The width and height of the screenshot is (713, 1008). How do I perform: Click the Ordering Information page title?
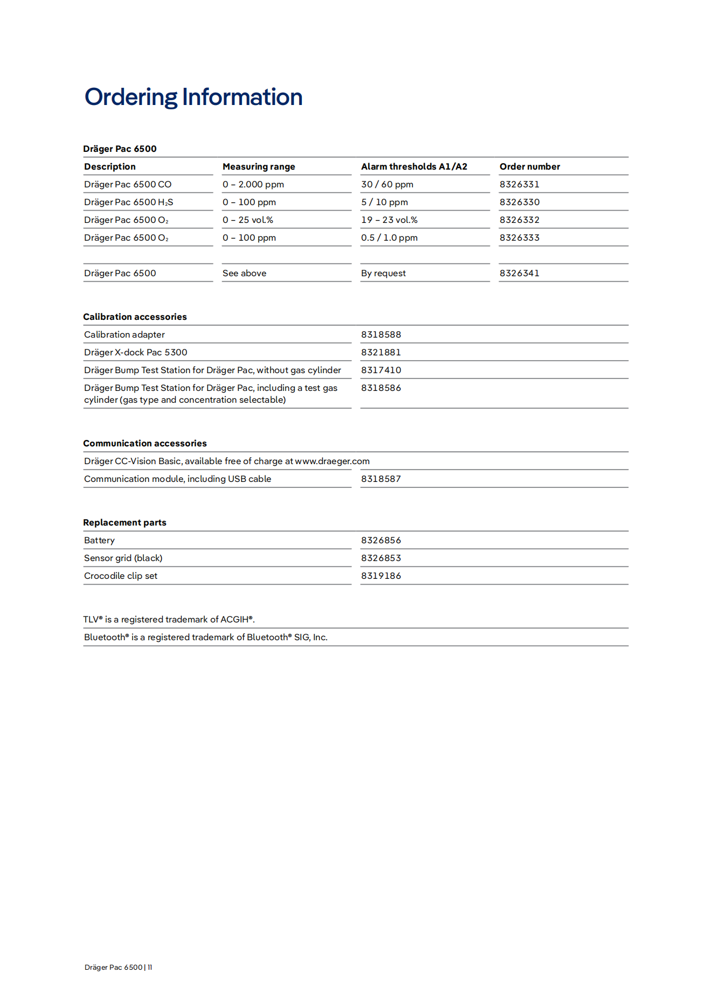click(193, 97)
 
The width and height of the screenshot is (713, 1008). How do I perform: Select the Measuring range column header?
click(259, 167)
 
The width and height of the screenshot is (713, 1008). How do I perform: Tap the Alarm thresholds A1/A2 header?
click(414, 167)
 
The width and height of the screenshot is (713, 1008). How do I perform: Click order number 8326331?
click(519, 185)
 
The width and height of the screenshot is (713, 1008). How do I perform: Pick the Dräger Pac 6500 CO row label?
click(128, 185)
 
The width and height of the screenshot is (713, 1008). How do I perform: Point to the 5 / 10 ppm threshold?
click(384, 202)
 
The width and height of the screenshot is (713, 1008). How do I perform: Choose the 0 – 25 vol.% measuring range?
click(248, 220)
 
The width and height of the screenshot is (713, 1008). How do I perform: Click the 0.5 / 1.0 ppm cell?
click(389, 238)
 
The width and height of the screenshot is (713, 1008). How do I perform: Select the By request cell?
click(383, 274)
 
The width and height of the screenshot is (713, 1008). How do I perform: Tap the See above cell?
click(244, 274)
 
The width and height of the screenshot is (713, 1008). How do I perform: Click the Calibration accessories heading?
click(135, 317)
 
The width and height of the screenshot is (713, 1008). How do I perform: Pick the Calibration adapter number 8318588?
click(381, 335)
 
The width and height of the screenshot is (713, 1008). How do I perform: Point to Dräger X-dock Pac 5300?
click(136, 353)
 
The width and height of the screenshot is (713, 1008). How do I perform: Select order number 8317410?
click(381, 370)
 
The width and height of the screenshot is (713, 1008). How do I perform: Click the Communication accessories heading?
click(145, 444)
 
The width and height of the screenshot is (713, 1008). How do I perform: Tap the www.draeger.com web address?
click(332, 461)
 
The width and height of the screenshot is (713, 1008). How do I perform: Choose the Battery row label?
click(100, 541)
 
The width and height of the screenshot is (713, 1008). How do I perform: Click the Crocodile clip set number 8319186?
click(381, 576)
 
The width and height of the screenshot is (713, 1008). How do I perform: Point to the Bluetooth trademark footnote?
click(206, 638)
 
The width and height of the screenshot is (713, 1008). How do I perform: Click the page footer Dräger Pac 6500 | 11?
click(119, 968)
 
